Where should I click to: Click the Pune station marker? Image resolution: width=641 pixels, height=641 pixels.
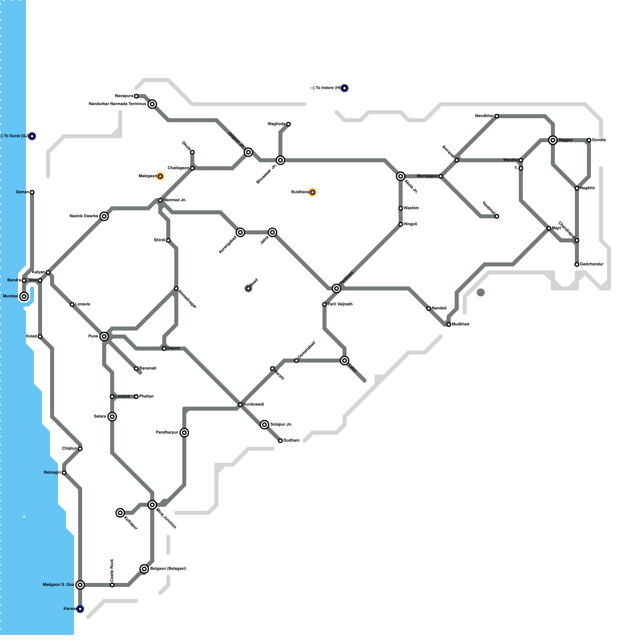point(104,337)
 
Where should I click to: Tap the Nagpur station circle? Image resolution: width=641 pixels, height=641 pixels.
point(553,140)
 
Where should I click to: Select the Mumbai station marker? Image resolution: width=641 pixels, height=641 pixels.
point(24,296)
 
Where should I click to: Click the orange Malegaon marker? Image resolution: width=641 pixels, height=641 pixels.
point(160,176)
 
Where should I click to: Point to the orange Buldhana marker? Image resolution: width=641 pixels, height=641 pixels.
point(312,192)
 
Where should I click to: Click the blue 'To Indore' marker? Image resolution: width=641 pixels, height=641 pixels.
point(345,88)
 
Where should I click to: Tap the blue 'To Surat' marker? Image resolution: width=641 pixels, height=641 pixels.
point(32,136)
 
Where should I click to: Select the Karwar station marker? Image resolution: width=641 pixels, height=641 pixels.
point(80,609)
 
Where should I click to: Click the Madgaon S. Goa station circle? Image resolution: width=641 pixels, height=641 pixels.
point(80,585)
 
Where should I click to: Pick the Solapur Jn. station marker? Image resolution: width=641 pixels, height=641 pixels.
point(264,425)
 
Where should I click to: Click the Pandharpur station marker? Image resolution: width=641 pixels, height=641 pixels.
point(184,433)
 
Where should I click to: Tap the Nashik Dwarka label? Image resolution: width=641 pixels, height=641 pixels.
point(84,216)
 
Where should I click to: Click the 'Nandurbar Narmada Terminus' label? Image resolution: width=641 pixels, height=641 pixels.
point(117,104)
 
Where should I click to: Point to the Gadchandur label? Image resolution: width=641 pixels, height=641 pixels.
point(592,264)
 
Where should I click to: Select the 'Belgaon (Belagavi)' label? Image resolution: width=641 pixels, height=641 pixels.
point(168,569)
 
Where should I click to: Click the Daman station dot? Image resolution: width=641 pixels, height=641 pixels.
point(32,192)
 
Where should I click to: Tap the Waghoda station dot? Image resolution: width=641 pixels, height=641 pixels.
point(288,124)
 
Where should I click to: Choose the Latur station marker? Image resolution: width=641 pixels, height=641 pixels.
point(345,361)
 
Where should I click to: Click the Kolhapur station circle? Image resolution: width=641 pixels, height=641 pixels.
point(120,513)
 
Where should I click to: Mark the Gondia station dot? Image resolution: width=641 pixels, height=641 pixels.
point(589,140)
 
